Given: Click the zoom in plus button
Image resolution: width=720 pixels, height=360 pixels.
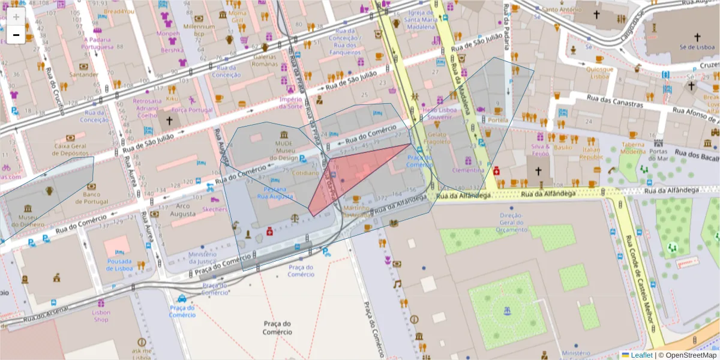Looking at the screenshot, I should (16, 17).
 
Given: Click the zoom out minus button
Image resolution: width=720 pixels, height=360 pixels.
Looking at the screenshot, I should (16, 35).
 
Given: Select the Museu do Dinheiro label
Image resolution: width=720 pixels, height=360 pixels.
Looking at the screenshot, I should (31, 220).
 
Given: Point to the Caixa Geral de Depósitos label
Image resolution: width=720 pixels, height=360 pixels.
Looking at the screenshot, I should (71, 149).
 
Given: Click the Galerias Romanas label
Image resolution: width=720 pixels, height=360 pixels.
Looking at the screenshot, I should (265, 60).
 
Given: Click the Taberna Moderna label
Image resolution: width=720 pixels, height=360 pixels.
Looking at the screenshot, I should (633, 148).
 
